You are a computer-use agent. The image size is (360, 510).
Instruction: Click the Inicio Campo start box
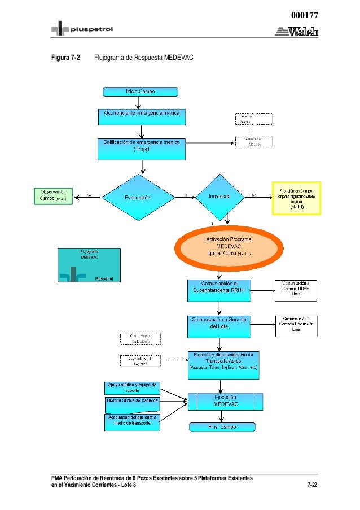coord(140,91)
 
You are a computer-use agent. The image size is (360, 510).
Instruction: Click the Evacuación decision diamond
coord(137,197)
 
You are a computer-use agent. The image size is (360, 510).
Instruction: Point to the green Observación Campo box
coord(54,195)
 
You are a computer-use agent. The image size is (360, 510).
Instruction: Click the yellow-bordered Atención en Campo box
coord(296,198)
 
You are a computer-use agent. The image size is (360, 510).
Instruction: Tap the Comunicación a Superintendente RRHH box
coord(218,290)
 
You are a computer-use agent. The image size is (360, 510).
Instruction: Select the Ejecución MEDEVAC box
coord(225,401)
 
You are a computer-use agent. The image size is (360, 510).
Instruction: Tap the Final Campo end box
coord(222,427)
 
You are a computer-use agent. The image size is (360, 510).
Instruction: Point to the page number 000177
coord(304,16)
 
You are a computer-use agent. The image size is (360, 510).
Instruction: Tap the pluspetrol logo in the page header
coord(77,29)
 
